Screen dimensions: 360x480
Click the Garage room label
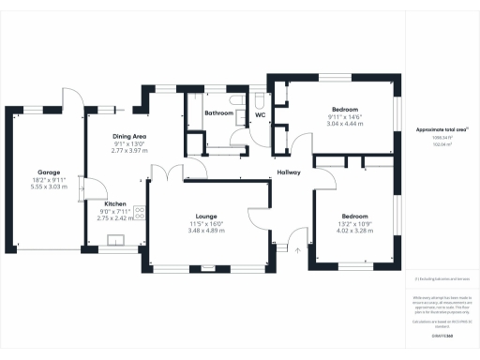pyautogui.click(x=49, y=172)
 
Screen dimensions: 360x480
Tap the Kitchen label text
pyautogui.click(x=115, y=203)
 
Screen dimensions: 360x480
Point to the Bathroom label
pyautogui.click(x=219, y=113)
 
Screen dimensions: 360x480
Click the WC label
pyautogui.click(x=261, y=115)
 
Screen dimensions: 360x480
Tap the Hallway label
pyautogui.click(x=288, y=172)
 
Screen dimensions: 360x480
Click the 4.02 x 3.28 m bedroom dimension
pyautogui.click(x=355, y=229)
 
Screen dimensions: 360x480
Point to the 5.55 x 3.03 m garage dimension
pyautogui.click(x=49, y=187)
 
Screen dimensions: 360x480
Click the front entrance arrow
pyautogui.click(x=297, y=249)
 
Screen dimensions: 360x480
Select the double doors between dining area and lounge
pyautogui.click(x=169, y=172)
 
